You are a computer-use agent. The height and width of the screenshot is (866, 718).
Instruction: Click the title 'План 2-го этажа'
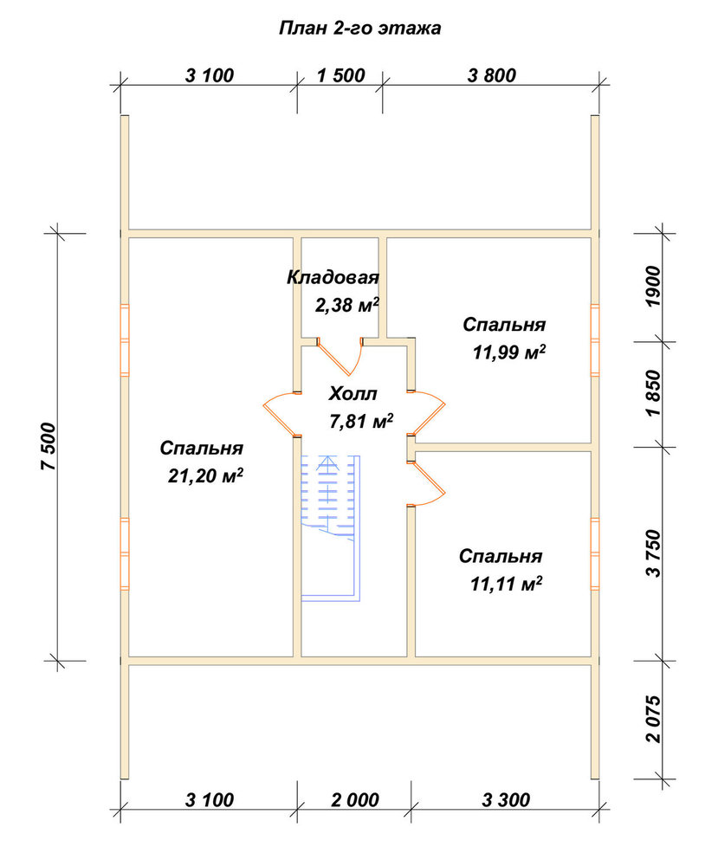[x=359, y=28]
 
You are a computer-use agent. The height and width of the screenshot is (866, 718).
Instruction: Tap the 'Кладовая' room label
[x=333, y=277]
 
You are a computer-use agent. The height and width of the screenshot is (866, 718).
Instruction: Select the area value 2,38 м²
[x=347, y=304]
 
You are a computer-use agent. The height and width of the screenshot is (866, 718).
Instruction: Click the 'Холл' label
[x=353, y=394]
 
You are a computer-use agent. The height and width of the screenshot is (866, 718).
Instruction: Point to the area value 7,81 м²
[x=361, y=422]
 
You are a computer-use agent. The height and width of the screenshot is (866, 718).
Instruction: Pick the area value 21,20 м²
[x=205, y=475]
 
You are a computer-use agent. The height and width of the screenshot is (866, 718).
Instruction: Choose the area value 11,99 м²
[x=509, y=352]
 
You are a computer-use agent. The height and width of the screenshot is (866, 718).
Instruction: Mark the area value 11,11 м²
[x=506, y=584]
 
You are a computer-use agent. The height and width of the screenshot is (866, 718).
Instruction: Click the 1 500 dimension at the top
[x=340, y=75]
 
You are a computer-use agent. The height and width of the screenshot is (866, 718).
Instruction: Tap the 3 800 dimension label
[x=492, y=75]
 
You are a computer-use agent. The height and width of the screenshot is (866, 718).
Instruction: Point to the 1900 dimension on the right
[x=652, y=287]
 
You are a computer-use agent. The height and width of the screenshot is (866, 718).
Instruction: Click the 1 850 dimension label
[x=652, y=393]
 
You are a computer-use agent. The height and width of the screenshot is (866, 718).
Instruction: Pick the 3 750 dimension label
[x=652, y=553]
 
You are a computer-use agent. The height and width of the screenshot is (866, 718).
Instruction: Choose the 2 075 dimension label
[x=652, y=719]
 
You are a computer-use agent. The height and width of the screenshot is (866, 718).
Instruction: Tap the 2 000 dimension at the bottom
[x=355, y=799]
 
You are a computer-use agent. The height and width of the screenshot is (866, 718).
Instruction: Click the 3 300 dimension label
[x=506, y=799]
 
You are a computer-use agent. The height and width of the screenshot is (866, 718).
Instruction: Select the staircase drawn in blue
[x=331, y=527]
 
